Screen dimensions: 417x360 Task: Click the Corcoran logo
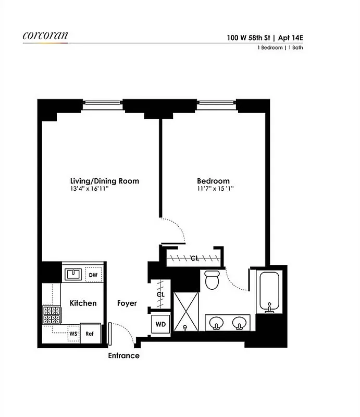click(45, 36)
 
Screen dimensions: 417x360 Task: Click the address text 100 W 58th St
click(246, 37)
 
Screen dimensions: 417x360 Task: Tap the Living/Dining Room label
click(105, 181)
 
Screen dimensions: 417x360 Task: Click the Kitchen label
click(83, 303)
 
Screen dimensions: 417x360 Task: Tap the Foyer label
click(127, 303)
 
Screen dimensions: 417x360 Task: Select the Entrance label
click(123, 356)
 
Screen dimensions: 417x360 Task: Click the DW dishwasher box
click(93, 275)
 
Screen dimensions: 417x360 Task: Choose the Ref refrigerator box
click(90, 334)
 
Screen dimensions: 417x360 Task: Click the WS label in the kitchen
click(73, 333)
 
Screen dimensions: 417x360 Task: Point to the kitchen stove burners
click(52, 315)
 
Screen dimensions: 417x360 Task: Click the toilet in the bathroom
click(212, 280)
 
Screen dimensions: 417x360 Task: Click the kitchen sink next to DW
click(73, 274)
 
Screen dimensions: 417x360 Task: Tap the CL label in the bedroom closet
click(194, 258)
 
